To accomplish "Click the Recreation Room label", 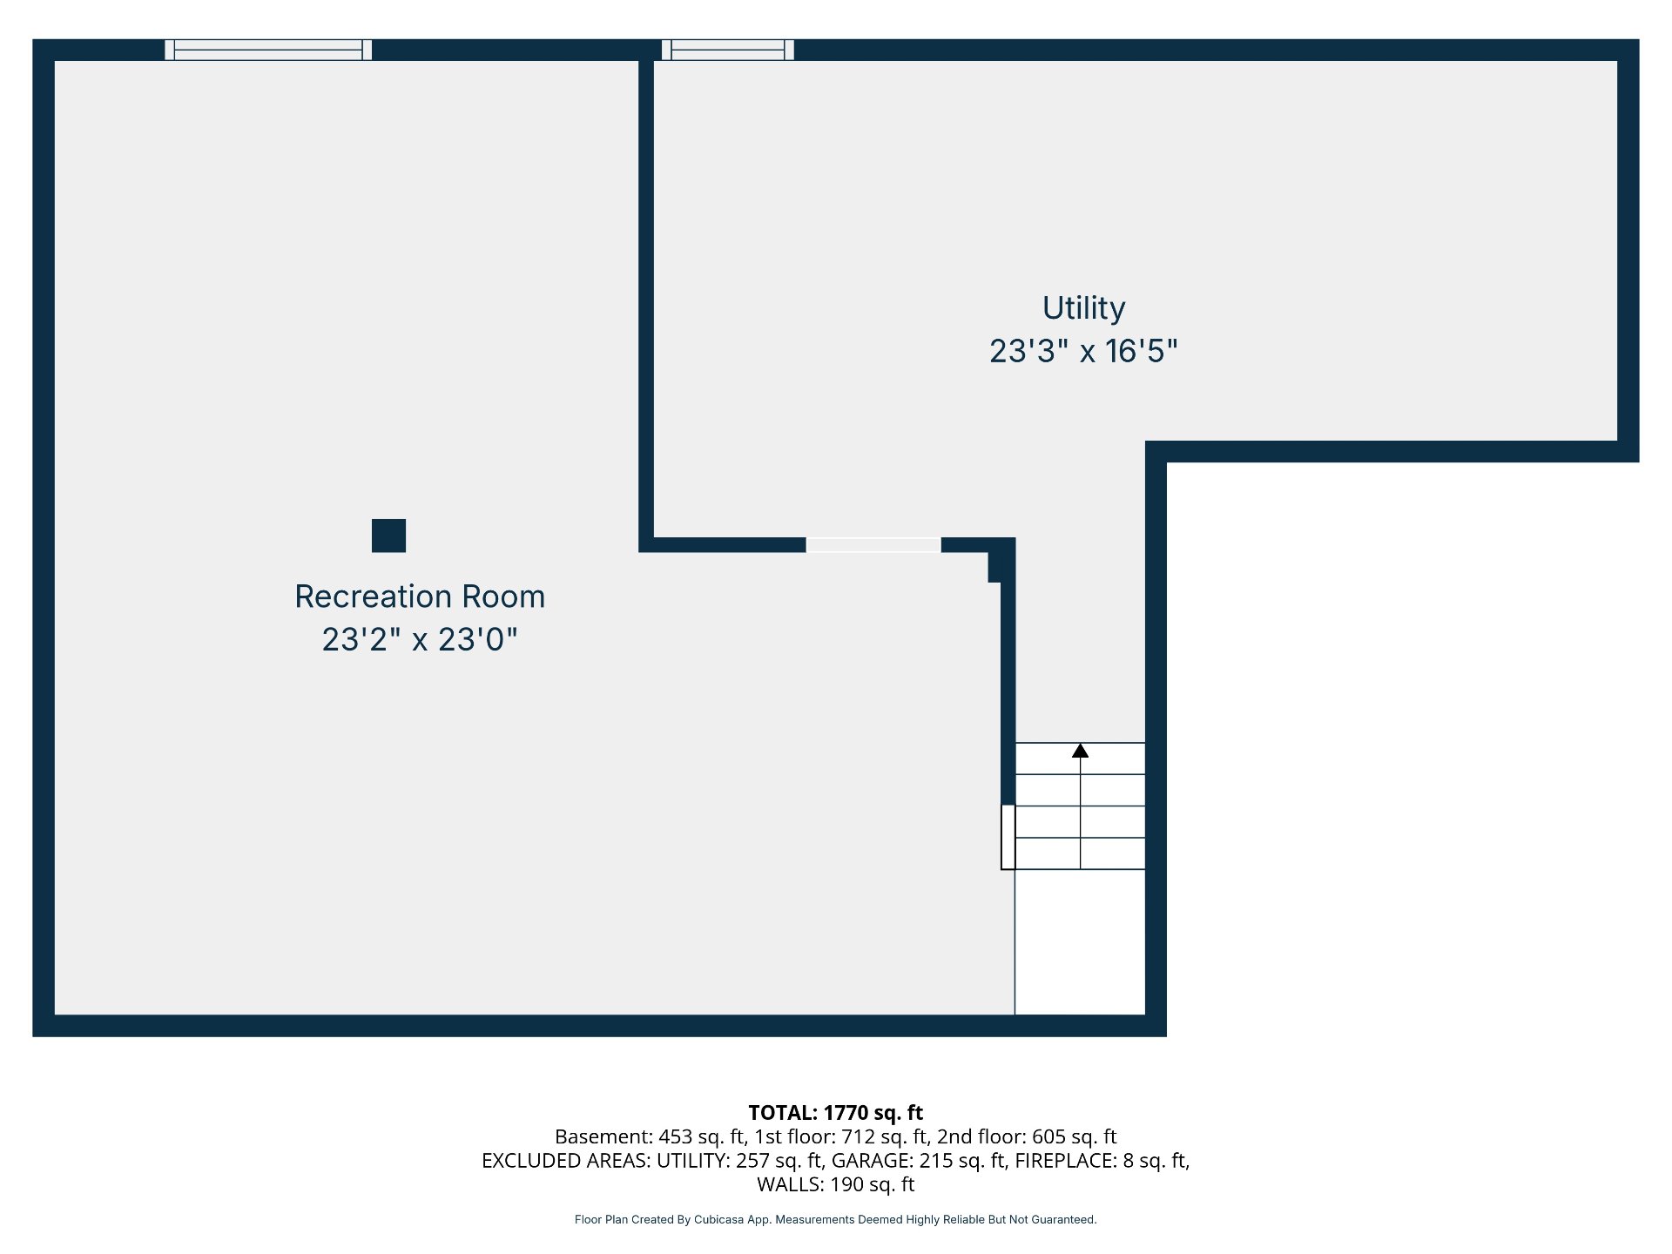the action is [420, 597].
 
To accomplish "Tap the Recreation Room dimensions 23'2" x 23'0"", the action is [420, 639].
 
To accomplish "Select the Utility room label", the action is [1084, 309].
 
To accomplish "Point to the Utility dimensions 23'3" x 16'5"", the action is [1083, 351].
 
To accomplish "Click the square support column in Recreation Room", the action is [388, 536].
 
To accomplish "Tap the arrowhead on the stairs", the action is [1080, 751].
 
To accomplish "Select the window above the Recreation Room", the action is [268, 50].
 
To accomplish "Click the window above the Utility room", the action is [728, 50].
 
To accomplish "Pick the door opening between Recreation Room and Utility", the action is [873, 545].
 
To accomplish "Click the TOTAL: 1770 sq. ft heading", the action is [836, 1112].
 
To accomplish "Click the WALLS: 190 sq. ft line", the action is [836, 1184].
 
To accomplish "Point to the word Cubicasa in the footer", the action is [719, 1219].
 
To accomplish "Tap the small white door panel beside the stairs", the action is [1008, 837].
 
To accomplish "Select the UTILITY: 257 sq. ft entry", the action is [741, 1160].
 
